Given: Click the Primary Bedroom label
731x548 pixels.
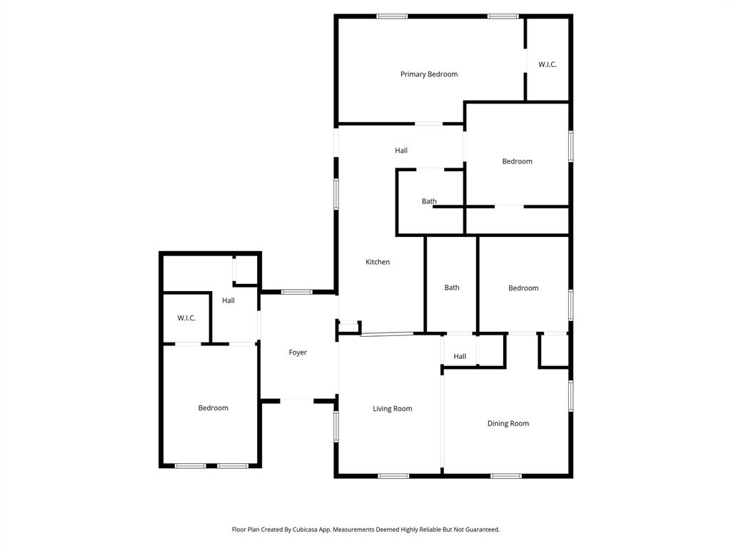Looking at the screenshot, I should point(428,74).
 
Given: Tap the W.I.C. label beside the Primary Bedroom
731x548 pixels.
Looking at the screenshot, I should point(548,65).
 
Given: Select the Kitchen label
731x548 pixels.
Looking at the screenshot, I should point(378,262).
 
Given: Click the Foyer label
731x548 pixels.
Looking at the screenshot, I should point(298,352).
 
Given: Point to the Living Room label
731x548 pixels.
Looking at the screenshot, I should point(393,409).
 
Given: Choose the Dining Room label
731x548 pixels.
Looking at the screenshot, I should point(508,423).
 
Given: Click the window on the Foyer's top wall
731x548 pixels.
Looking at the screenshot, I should point(296,292).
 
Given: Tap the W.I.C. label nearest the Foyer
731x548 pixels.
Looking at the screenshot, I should point(186,318).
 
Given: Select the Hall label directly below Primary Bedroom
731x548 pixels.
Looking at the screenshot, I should point(401,151).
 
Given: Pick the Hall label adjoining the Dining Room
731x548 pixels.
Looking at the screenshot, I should point(460,357).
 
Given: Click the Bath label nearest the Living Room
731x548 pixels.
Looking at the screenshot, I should point(452,288).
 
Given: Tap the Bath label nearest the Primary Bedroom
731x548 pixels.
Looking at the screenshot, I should point(429,201).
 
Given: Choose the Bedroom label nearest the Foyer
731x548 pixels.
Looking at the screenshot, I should point(213,408).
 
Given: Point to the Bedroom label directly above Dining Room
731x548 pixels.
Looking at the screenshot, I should point(523,288).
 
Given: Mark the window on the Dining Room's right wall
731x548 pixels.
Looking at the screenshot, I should point(570,396).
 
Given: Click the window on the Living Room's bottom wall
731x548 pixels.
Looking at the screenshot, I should point(393,476).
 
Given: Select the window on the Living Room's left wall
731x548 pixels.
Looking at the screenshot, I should point(336,427).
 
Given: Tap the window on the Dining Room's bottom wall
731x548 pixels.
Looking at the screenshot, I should point(505,476).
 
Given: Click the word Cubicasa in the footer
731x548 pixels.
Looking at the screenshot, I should point(308,529).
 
